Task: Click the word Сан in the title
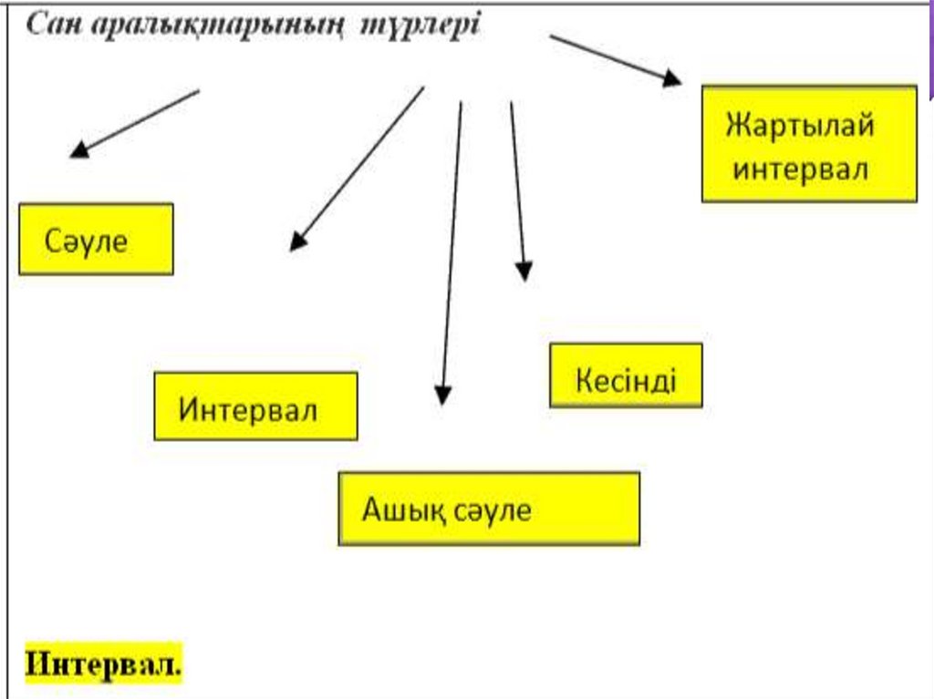click(52, 26)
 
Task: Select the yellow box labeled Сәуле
click(96, 239)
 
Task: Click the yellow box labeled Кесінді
click(626, 375)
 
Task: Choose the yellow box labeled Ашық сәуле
click(489, 509)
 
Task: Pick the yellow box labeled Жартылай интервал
click(809, 143)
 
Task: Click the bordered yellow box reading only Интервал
click(255, 406)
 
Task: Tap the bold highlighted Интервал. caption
click(104, 663)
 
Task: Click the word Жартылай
click(800, 124)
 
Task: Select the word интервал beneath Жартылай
click(801, 170)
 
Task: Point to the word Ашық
click(395, 509)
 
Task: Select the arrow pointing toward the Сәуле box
click(135, 123)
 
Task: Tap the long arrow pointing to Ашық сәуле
click(451, 251)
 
